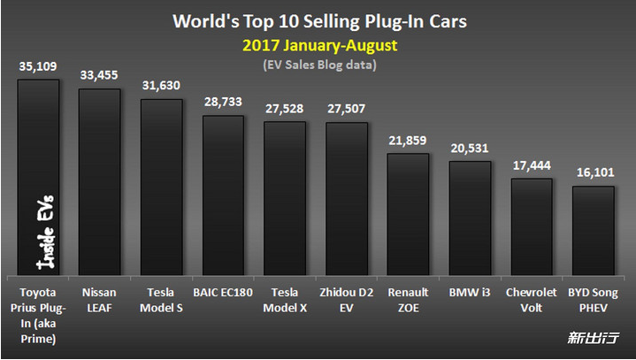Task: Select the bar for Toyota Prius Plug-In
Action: tap(38, 177)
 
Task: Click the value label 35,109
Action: tap(38, 65)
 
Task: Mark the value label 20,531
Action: tap(470, 148)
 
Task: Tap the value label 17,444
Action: tap(531, 165)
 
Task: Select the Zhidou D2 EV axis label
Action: tap(347, 300)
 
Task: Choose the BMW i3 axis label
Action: tap(470, 291)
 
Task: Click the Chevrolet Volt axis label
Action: tap(531, 300)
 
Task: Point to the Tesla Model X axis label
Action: tap(285, 300)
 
